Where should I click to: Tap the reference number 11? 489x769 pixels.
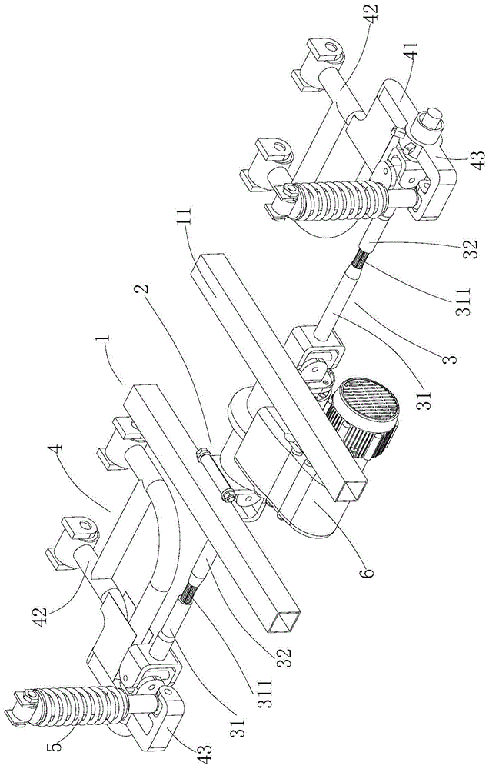(x=188, y=218)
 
